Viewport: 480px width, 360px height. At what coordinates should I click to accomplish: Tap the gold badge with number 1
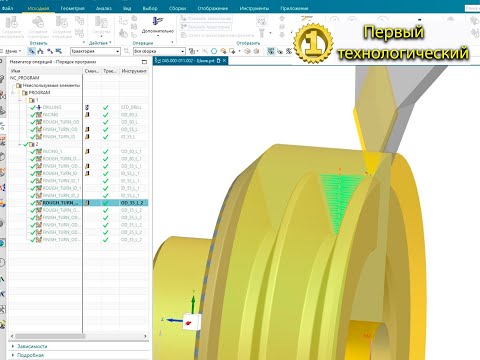point(312,40)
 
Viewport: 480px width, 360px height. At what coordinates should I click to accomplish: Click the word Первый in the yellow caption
point(393,33)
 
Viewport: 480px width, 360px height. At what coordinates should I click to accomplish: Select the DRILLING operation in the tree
point(52,106)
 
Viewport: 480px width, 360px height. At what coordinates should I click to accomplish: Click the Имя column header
point(16,71)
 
